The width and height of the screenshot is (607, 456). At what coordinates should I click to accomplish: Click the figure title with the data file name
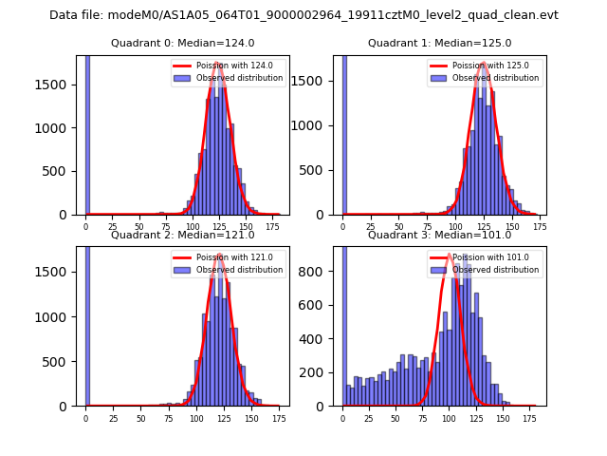303,15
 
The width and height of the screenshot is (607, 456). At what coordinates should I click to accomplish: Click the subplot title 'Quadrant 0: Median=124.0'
182,43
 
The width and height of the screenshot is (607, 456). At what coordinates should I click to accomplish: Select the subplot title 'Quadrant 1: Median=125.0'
439,43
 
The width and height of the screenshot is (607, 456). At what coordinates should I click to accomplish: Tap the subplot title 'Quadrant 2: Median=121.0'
182,235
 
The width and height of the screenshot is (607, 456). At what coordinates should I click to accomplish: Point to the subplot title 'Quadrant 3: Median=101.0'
439,235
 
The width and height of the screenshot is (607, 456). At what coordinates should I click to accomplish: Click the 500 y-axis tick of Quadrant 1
316,171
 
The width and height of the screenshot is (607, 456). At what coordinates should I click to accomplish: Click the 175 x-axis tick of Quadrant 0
274,228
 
